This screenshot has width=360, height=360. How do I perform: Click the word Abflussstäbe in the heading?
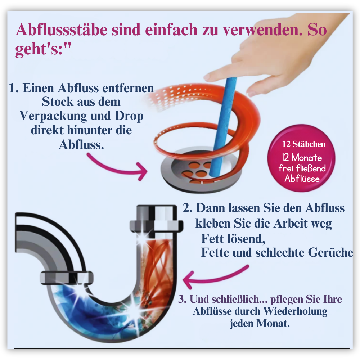coord(62,30)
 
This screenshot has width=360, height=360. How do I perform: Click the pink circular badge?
coord(301,158)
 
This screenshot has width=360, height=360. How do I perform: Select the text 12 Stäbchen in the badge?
coord(303,144)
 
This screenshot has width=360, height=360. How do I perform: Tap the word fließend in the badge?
coord(311,168)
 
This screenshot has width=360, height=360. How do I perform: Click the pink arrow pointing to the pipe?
coord(215,276)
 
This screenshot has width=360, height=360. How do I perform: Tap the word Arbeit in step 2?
coord(290,223)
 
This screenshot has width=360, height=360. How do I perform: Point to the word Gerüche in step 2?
coord(330,252)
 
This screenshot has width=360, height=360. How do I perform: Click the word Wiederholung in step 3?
coord(295,311)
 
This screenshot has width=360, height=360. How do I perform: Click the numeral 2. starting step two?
coord(187,208)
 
